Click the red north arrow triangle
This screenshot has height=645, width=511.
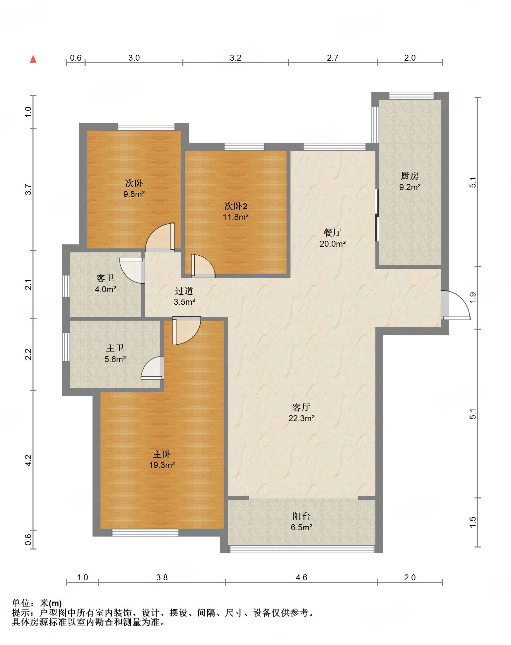tap(33, 59)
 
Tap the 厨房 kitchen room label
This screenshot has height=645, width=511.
tap(410, 176)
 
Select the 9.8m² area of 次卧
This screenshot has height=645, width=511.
tap(134, 194)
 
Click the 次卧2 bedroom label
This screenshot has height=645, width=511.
tap(236, 206)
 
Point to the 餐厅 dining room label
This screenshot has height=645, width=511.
tap(333, 232)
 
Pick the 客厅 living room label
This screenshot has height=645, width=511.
tap(301, 407)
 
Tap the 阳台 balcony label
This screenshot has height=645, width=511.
tap(301, 516)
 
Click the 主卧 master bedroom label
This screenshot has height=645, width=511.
tap(162, 454)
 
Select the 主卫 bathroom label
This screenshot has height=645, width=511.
tap(115, 348)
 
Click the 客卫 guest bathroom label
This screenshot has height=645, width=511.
tap(105, 278)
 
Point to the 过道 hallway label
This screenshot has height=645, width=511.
tap(184, 291)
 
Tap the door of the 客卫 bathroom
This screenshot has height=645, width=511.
tap(132, 270)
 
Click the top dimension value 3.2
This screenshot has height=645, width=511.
tap(235, 58)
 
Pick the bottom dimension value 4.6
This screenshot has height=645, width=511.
tap(301, 577)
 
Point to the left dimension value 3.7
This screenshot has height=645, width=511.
tap(28, 190)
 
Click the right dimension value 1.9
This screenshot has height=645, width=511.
tap(473, 297)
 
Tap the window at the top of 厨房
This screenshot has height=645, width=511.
tap(411, 96)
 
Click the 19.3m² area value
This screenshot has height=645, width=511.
tap(162, 465)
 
